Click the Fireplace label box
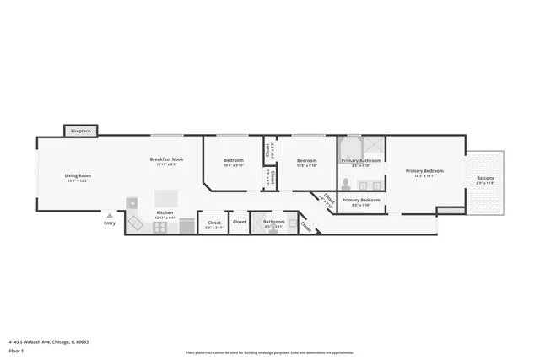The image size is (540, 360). click(81, 131)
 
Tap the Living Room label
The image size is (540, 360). click(78, 175)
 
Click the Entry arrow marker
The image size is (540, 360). click(109, 216)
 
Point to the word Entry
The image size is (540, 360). click(110, 223)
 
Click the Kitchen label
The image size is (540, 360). click(165, 212)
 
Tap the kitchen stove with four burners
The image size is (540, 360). click(161, 226)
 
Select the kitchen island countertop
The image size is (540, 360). click(132, 202)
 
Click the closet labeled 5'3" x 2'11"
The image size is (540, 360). click(214, 223)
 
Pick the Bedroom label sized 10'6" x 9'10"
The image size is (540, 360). click(234, 160)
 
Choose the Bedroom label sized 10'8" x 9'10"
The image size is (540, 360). click(306, 160)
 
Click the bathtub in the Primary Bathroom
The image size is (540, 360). click(352, 150)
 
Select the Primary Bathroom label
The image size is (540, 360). click(361, 160)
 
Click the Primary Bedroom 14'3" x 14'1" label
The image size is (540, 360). click(424, 171)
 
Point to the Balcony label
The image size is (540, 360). click(485, 178)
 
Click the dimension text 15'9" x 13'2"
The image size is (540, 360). click(78, 180)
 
